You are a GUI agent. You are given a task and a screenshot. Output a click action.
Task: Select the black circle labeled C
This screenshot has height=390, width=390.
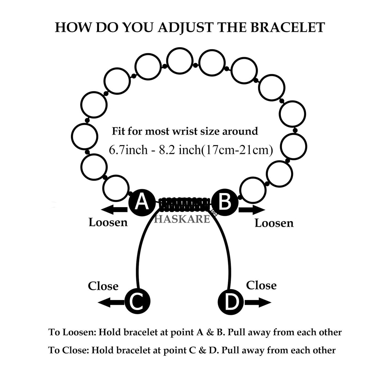(x=137, y=302)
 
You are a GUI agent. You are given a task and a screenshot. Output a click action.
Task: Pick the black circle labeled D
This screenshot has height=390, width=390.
(x=230, y=302)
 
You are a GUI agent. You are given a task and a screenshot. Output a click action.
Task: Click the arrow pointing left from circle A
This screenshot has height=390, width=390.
(x=114, y=210)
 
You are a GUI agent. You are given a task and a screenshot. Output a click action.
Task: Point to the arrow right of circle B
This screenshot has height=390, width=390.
(x=252, y=210)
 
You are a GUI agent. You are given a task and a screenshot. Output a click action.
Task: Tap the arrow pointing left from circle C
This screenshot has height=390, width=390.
(x=111, y=302)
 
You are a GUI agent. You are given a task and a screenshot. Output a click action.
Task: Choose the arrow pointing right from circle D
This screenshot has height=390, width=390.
(x=258, y=302)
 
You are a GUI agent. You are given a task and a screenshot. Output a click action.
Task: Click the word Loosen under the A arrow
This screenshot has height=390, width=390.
(x=108, y=222)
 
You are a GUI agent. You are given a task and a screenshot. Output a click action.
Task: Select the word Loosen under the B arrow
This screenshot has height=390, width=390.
(x=274, y=223)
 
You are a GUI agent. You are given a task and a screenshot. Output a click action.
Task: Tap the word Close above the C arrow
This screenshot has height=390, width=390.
(x=103, y=286)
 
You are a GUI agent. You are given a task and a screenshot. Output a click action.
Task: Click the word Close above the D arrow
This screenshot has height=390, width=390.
(x=261, y=285)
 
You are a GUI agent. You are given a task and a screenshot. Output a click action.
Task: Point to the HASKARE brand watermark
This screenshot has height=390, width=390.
(x=182, y=219)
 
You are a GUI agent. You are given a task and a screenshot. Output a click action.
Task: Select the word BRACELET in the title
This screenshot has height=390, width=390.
(x=287, y=27)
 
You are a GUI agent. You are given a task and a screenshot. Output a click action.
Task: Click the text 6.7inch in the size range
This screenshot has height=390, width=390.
(x=128, y=150)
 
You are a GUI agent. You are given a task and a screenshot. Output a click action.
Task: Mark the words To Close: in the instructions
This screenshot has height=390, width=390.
(x=68, y=350)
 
